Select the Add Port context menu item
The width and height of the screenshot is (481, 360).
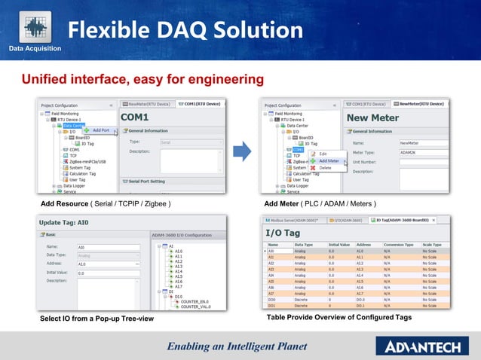[100, 130]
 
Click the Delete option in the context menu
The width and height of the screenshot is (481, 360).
[325, 167]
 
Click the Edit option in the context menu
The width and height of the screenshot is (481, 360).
[323, 154]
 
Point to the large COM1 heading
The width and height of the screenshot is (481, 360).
[136, 118]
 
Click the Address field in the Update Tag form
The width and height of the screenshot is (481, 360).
[108, 264]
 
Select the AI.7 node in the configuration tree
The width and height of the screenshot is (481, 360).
[178, 287]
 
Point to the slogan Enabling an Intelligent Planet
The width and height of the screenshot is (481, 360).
[237, 346]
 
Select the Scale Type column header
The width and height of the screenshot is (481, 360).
[432, 244]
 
